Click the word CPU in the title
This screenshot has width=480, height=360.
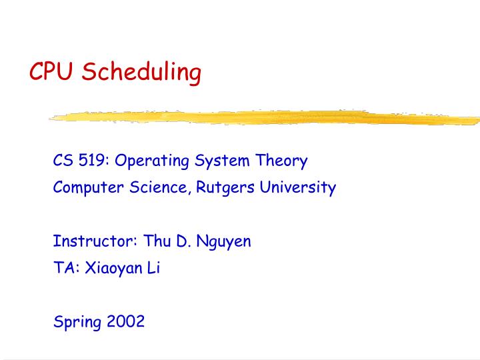point(53,72)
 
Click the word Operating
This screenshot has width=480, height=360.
point(153,162)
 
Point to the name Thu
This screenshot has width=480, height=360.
point(157,241)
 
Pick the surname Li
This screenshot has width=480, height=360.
point(154,268)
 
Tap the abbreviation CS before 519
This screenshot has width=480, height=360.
point(63,161)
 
